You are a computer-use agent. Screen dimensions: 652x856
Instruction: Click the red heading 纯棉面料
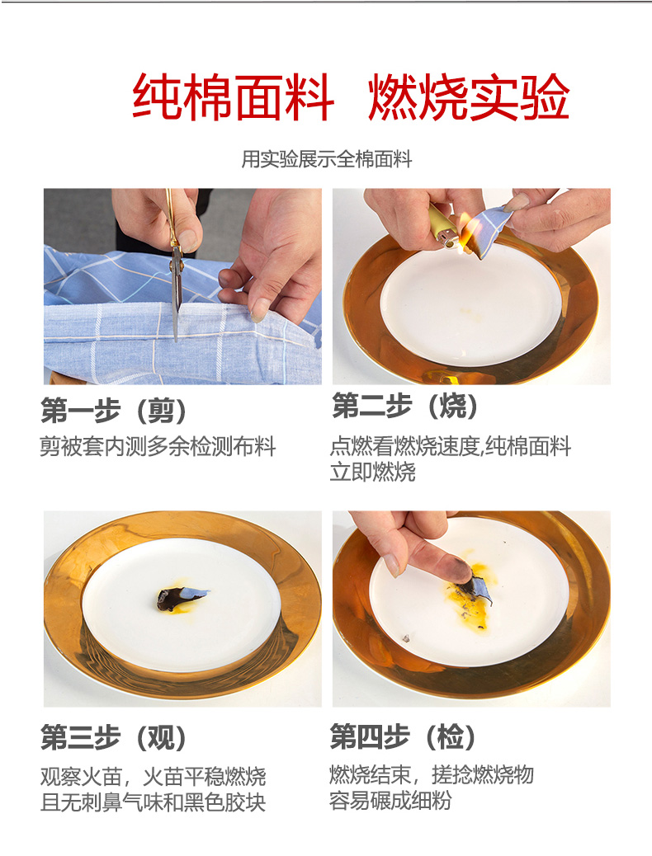coord(233,97)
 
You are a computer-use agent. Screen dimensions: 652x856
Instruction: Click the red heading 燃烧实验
coord(469,97)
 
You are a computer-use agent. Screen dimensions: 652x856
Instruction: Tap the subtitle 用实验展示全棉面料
coord(327,159)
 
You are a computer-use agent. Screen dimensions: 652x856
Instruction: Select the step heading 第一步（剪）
coord(114,411)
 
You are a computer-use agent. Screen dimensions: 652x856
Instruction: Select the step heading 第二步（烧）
coord(405,407)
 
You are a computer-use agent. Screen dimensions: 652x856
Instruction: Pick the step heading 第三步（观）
coord(114,737)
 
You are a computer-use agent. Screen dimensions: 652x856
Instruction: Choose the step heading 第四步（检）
coord(404,736)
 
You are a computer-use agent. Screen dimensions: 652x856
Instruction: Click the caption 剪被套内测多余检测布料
coord(158,447)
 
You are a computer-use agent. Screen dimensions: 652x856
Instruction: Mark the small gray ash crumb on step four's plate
coord(406,637)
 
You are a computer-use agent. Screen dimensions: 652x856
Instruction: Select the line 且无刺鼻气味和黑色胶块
coord(153,802)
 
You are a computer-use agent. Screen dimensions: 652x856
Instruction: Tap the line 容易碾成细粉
coord(390,801)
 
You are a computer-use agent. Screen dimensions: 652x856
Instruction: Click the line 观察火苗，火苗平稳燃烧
coord(153,776)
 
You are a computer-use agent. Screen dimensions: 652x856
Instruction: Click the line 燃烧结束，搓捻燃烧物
coord(431,774)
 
